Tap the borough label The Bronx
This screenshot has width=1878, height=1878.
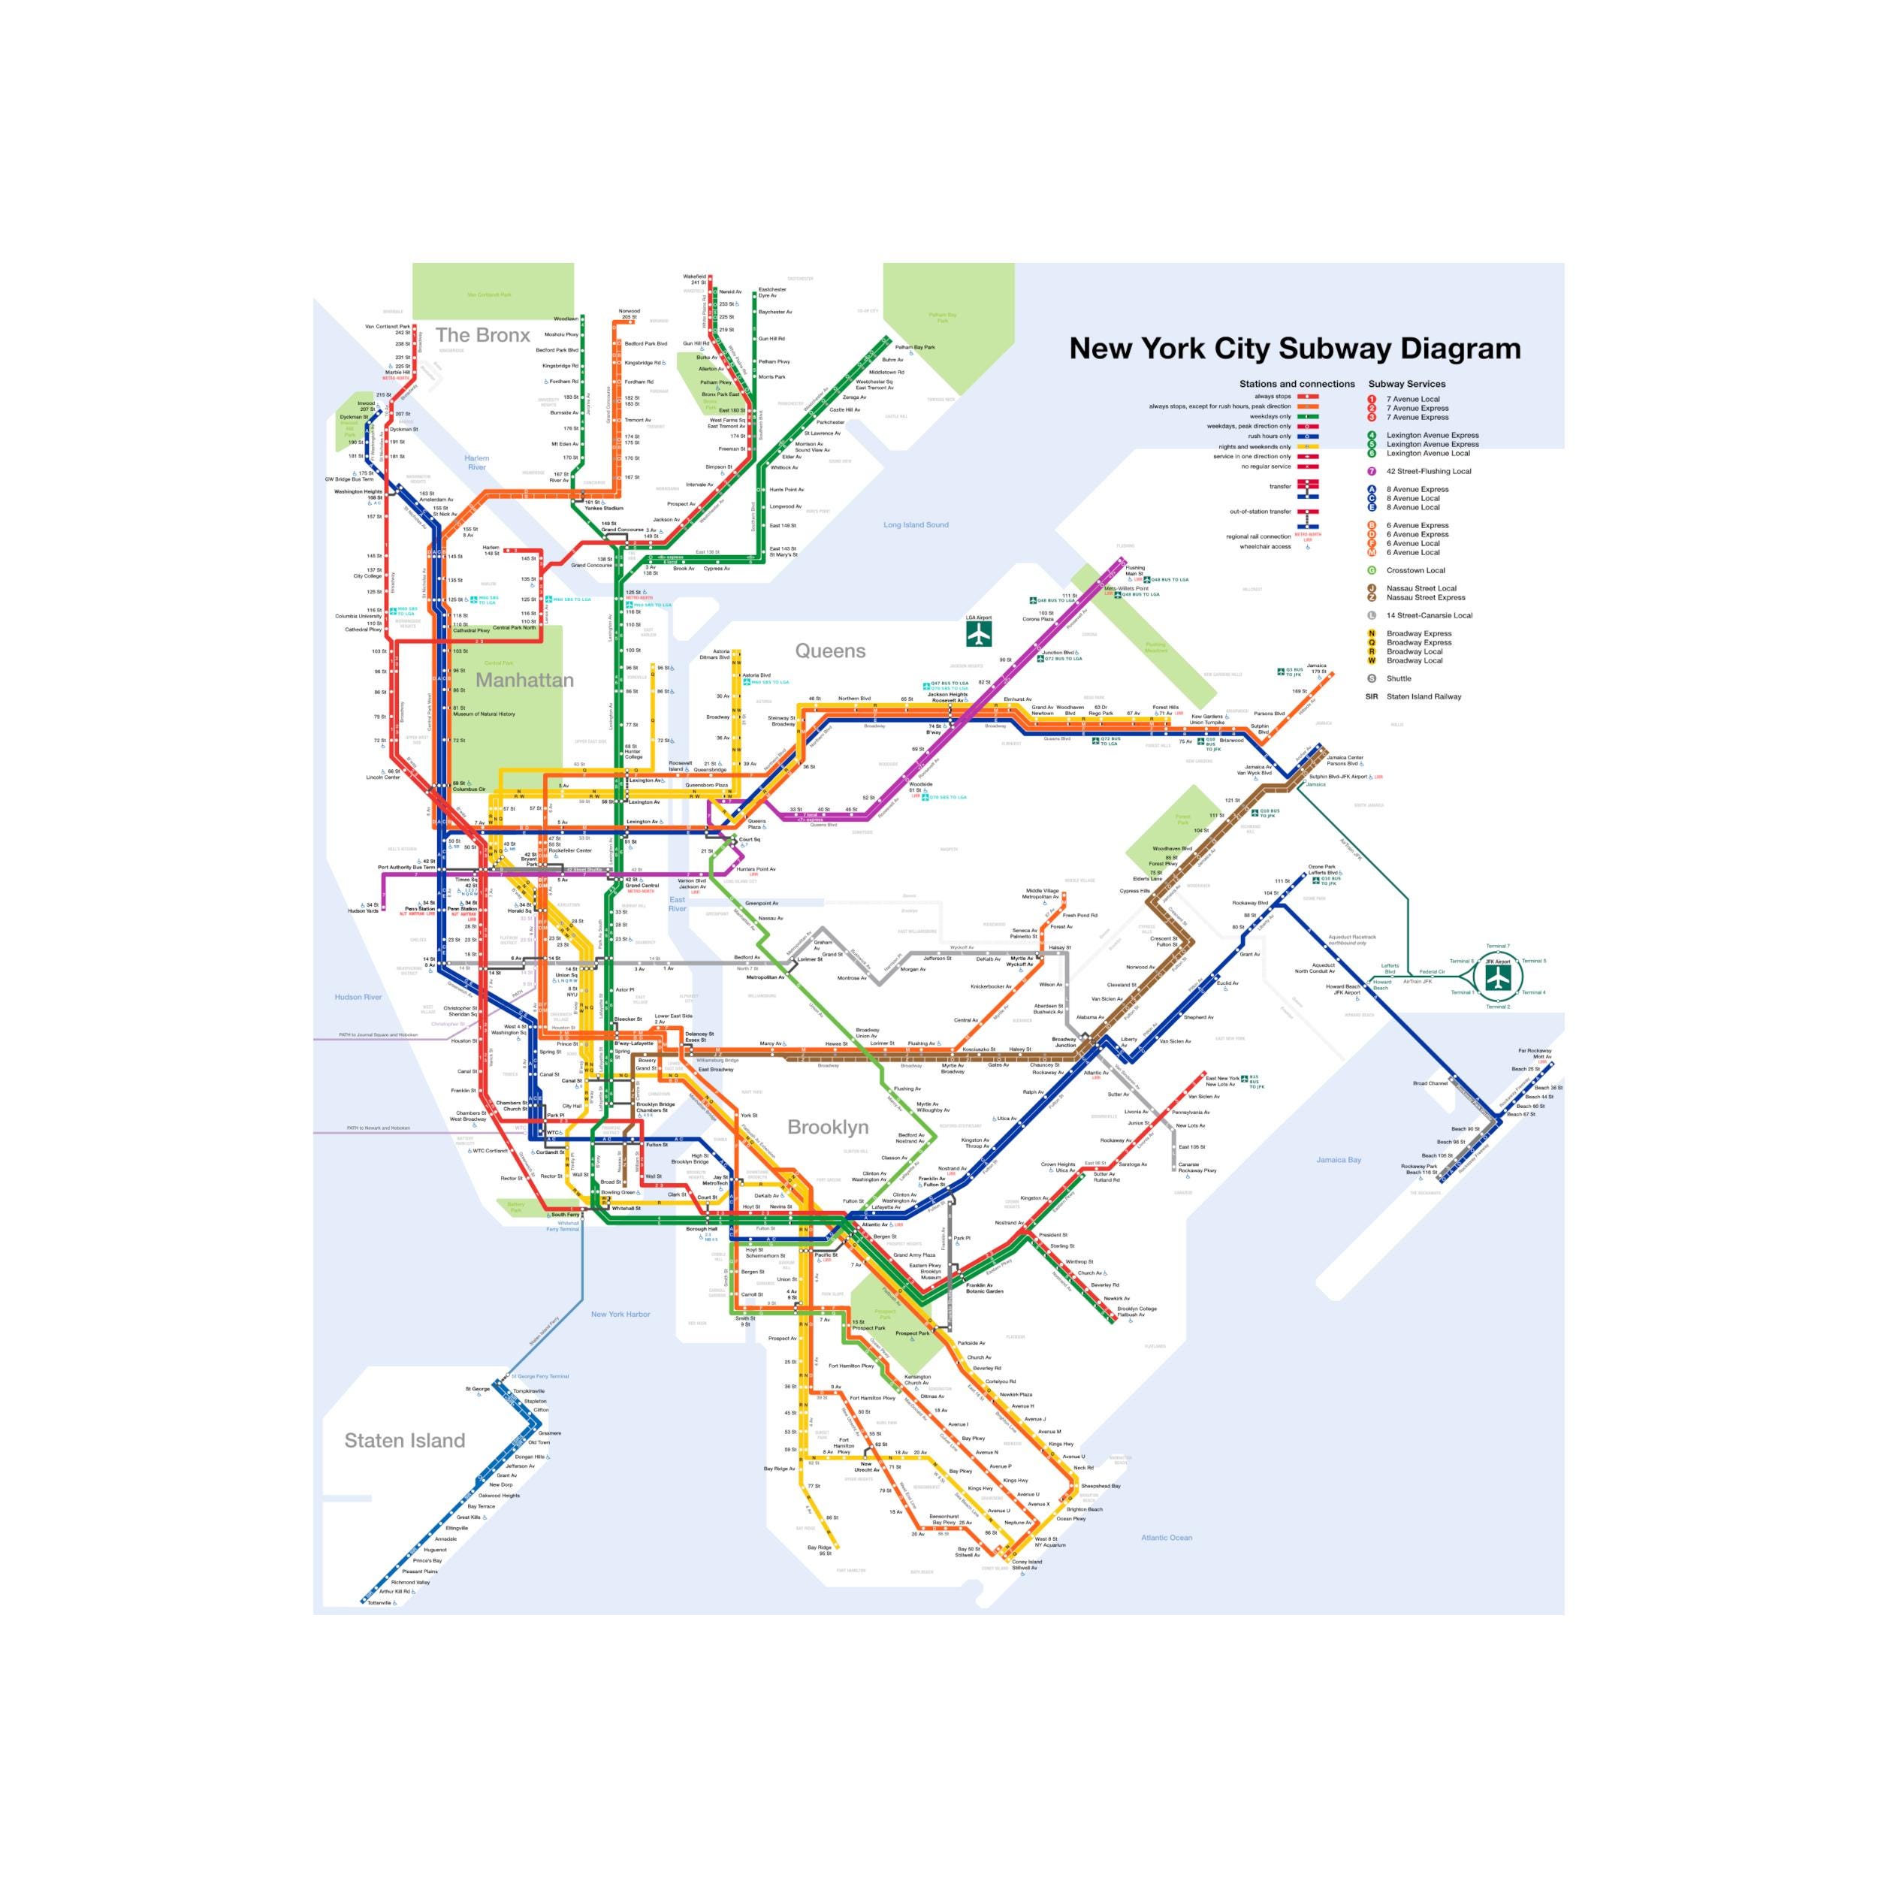click(x=482, y=335)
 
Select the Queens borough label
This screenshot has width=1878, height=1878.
click(x=829, y=651)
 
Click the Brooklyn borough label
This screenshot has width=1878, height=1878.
click(x=827, y=1128)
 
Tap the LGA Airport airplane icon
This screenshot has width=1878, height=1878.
click(x=978, y=634)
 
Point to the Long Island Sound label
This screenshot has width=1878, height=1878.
click(x=916, y=525)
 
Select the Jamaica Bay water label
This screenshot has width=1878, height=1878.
click(x=1339, y=1160)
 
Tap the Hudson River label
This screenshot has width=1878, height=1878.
click(x=358, y=998)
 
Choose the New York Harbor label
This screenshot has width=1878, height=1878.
click(x=620, y=1314)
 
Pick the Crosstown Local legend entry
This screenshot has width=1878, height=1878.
click(x=1415, y=571)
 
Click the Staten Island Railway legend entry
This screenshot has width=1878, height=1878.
click(x=1423, y=696)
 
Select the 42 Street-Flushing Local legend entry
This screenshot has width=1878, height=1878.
click(x=1428, y=472)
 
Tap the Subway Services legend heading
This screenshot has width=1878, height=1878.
click(x=1406, y=384)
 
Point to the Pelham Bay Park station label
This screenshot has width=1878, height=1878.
click(x=915, y=347)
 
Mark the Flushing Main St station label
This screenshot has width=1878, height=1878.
click(x=1134, y=571)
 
